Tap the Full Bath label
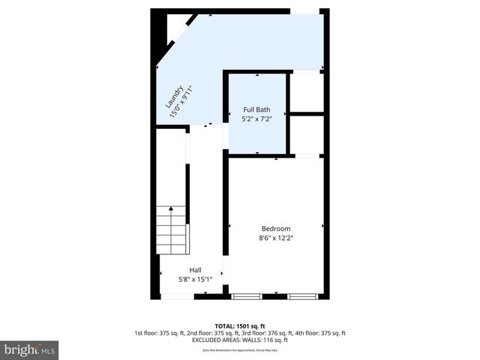256,109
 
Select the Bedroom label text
275,229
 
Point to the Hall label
195,270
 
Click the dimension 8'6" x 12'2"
275,238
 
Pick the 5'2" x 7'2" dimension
256,118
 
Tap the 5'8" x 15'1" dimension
195,279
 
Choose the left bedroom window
246,297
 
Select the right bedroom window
303,297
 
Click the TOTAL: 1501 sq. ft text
239,326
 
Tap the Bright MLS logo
29,349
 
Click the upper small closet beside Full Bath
307,91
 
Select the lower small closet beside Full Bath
307,135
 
